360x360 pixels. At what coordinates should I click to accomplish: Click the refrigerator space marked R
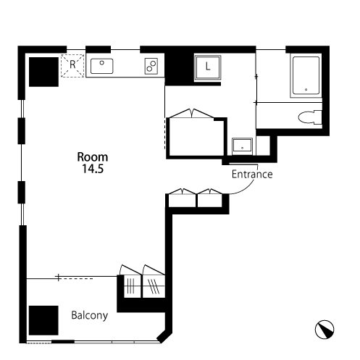click(72, 66)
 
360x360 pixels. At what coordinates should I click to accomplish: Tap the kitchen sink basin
click(101, 66)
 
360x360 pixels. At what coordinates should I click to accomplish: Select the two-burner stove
click(151, 66)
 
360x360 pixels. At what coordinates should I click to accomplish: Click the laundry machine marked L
click(208, 67)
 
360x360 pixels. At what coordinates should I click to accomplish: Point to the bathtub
click(306, 76)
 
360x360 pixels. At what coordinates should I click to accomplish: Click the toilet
click(310, 117)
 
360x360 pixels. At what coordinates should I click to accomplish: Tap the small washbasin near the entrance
click(242, 146)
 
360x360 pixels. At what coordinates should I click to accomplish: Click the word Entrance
click(252, 174)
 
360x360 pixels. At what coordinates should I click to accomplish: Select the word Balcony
click(90, 316)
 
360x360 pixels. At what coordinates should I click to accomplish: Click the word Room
click(93, 157)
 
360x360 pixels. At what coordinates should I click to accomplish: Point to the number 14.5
click(93, 169)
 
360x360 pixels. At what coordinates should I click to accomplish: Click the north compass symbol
click(325, 330)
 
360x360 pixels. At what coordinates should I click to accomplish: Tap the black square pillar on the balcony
click(43, 320)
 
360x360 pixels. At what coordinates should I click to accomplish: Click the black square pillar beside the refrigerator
click(43, 72)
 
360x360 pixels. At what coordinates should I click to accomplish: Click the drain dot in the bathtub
click(306, 90)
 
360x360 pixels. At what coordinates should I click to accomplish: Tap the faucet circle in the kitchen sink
click(102, 63)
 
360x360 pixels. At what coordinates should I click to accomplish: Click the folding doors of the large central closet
click(191, 114)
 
